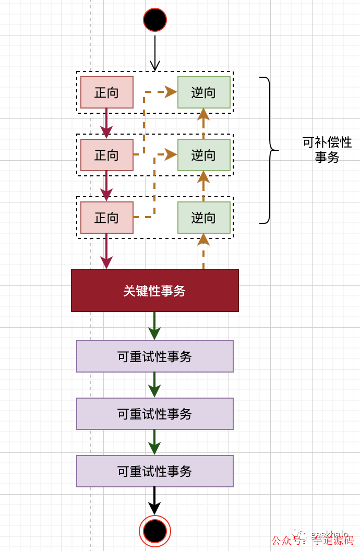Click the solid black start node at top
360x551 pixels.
155,20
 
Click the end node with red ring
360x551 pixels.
155,531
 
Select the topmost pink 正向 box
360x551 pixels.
107,92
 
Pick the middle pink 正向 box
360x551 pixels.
107,155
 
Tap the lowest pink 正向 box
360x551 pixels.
107,218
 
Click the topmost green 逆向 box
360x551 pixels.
203,92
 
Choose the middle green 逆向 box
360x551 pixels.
203,155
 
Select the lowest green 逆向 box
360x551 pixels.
203,218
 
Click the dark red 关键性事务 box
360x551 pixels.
155,291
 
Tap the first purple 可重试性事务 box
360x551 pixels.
155,356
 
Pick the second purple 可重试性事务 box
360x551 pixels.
155,414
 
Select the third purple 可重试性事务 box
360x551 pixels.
155,471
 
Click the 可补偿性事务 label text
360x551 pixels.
327,150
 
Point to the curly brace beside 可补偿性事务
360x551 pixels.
269,150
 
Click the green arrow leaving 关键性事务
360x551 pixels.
154,326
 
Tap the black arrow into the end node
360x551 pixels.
154,500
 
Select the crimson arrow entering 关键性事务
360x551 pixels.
106,253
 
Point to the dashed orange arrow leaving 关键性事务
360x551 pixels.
203,253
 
